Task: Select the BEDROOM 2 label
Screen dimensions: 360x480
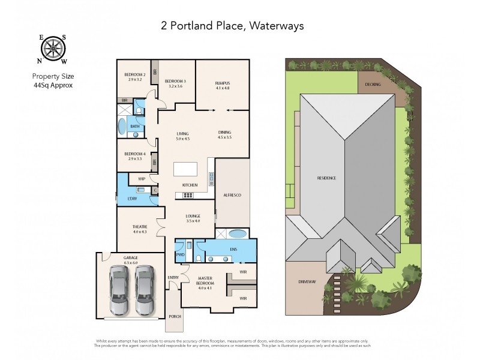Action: (134, 74)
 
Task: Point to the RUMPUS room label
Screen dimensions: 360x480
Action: (223, 83)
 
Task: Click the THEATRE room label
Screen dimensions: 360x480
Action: (139, 226)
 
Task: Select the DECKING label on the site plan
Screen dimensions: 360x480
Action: (373, 85)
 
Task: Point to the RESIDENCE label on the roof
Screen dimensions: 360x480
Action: (327, 178)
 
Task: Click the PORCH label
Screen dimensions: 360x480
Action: (175, 316)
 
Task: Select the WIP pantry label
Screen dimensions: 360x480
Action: (141, 179)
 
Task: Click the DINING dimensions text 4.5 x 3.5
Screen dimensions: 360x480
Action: (225, 137)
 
